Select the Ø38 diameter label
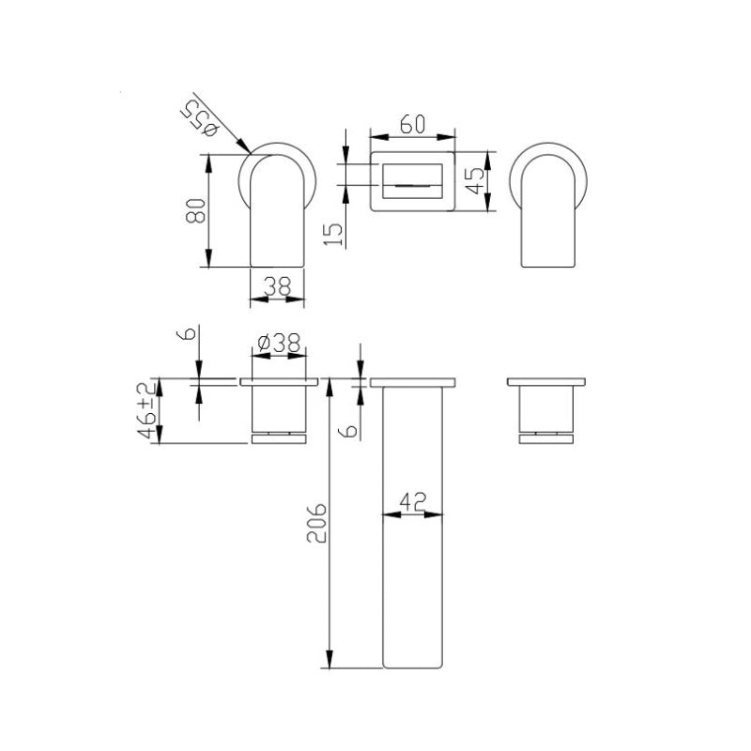click(x=278, y=345)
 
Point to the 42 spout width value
click(x=413, y=501)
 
